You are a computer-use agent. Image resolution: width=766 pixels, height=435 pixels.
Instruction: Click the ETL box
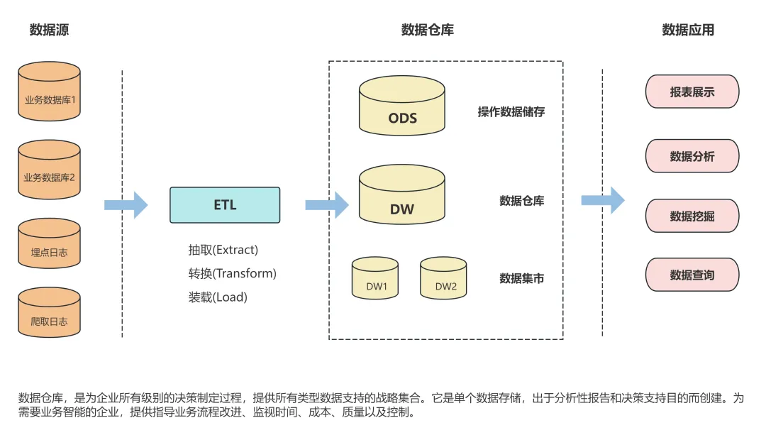(225, 205)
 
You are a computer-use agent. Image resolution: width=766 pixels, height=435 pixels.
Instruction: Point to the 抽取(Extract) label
(223, 250)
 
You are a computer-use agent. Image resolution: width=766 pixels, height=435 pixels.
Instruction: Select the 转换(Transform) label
(232, 273)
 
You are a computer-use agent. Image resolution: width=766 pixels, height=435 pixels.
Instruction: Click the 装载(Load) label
(218, 297)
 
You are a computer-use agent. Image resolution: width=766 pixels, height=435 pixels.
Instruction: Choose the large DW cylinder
(402, 199)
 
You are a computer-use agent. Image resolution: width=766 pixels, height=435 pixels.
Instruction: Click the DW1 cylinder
(375, 280)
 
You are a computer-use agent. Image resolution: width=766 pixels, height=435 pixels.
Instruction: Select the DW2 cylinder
(443, 280)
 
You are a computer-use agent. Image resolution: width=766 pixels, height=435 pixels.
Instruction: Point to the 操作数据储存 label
(511, 112)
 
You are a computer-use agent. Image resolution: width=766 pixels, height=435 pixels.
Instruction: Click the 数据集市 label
(521, 278)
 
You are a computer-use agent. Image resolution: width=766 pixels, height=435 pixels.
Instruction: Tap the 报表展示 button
(692, 92)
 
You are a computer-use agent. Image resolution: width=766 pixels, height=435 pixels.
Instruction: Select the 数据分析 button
(692, 156)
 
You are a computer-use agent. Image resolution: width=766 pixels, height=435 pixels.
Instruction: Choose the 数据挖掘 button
(692, 216)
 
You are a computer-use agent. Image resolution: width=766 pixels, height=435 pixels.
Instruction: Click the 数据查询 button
(692, 275)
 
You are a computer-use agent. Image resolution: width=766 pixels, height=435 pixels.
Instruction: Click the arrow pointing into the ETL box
(126, 205)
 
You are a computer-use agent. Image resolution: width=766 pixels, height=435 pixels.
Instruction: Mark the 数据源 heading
(49, 30)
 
